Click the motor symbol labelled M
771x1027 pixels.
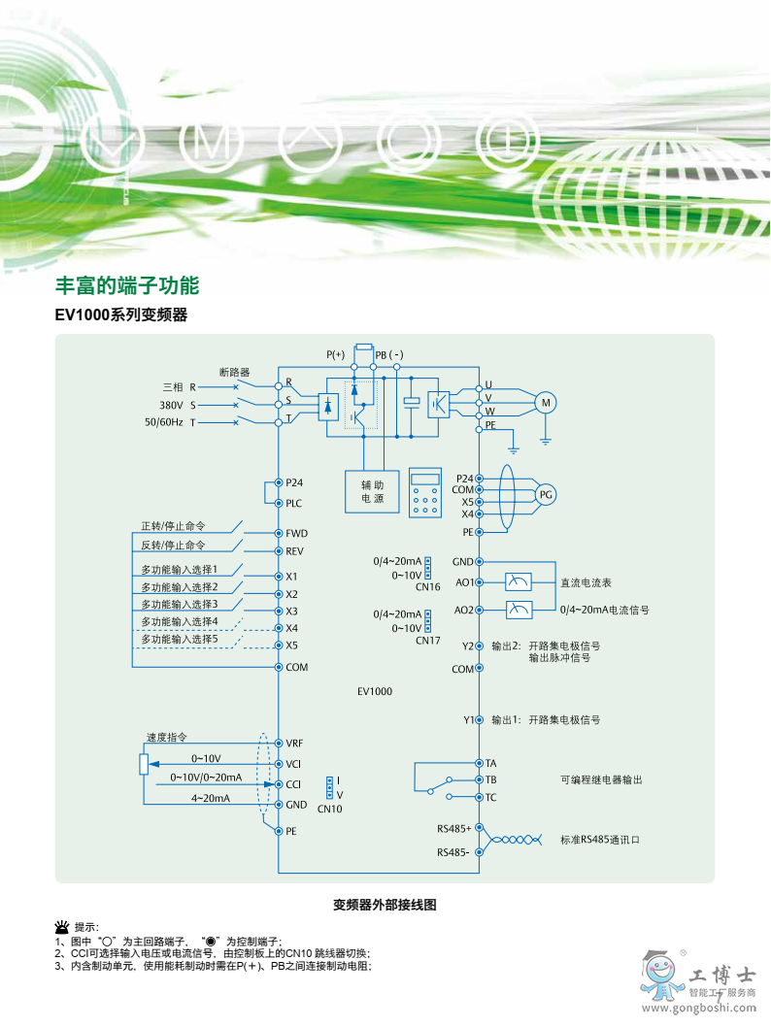pyautogui.click(x=545, y=403)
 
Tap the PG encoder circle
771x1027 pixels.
pyautogui.click(x=546, y=495)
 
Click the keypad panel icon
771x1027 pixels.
pyautogui.click(x=424, y=494)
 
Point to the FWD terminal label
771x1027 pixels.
pyautogui.click(x=296, y=534)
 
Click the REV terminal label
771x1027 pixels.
pyautogui.click(x=295, y=550)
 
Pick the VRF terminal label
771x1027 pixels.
pyautogui.click(x=295, y=743)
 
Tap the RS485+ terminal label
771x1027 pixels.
pyautogui.click(x=453, y=829)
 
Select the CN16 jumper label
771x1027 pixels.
pyautogui.click(x=427, y=587)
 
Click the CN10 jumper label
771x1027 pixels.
pyautogui.click(x=330, y=809)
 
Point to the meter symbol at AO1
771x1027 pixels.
pyautogui.click(x=520, y=582)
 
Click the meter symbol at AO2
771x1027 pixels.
pyautogui.click(x=520, y=610)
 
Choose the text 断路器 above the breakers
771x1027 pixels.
pyautogui.click(x=234, y=372)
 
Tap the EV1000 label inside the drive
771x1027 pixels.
pyautogui.click(x=374, y=691)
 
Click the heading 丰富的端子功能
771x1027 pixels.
pyautogui.click(x=126, y=286)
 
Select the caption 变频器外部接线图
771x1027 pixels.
pyautogui.click(x=385, y=905)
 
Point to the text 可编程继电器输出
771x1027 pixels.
pyautogui.click(x=601, y=779)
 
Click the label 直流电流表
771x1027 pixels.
pyautogui.click(x=586, y=583)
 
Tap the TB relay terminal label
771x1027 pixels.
pyautogui.click(x=491, y=779)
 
